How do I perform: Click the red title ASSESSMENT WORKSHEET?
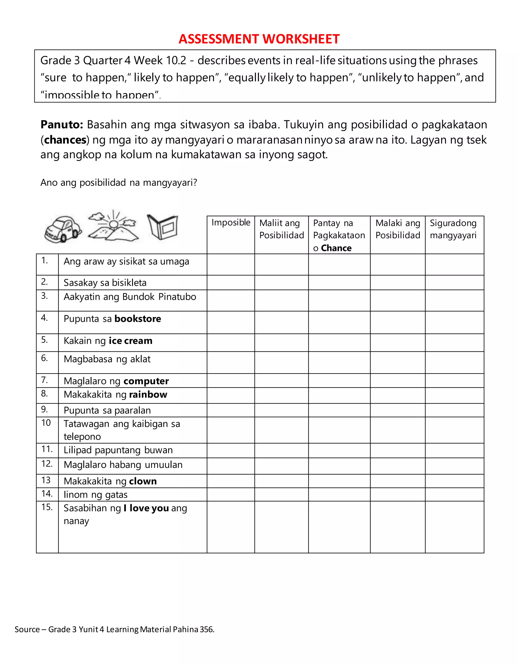pyautogui.click(x=259, y=39)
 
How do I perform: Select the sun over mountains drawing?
pyautogui.click(x=113, y=226)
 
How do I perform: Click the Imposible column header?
pyautogui.click(x=231, y=223)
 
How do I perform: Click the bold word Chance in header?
pyautogui.click(x=336, y=248)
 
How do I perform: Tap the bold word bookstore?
pyautogui.click(x=138, y=319)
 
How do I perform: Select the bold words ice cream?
pyautogui.click(x=131, y=341)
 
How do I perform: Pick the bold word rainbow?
pyautogui.click(x=148, y=395)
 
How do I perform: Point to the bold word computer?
pyautogui.click(x=146, y=381)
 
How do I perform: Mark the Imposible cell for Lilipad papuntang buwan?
pyautogui.click(x=231, y=450)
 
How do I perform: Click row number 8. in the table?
pyautogui.click(x=45, y=394)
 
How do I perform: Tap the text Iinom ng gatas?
pyautogui.click(x=96, y=495)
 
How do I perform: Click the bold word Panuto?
pyautogui.click(x=62, y=125)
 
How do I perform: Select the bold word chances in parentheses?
pyautogui.click(x=65, y=140)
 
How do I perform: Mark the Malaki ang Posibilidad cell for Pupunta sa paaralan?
pyautogui.click(x=397, y=410)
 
